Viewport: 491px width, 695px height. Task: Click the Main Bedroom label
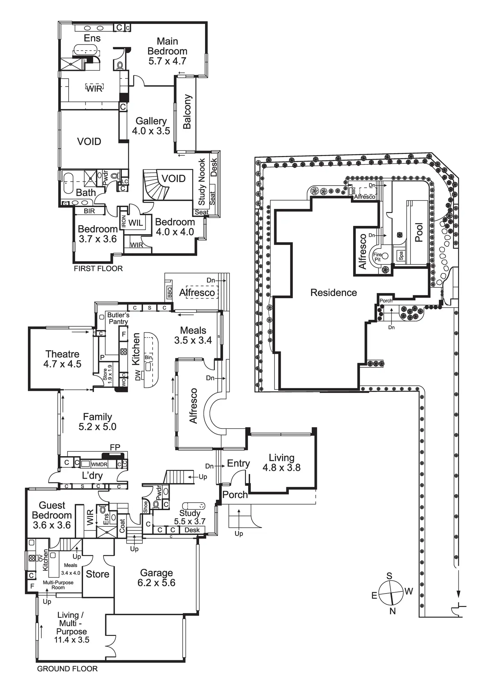point(167,51)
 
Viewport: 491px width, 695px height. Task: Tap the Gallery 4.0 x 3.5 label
point(151,126)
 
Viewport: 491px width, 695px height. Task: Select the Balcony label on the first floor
point(187,112)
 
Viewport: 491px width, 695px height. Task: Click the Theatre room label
point(63,359)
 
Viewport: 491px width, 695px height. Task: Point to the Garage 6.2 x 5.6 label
point(156,578)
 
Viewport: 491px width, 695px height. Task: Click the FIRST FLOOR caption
point(98,268)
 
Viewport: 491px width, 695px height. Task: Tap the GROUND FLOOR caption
point(67,669)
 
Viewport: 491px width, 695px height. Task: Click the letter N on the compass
point(393,611)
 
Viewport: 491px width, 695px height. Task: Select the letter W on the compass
point(409,591)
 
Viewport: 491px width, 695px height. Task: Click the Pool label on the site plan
point(419,232)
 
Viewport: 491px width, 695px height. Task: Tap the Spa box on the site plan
point(401,256)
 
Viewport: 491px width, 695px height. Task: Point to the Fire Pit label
point(377,257)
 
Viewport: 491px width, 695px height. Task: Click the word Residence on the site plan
point(334,293)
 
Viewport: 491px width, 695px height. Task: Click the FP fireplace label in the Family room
point(115,448)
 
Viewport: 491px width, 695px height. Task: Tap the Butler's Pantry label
point(118,318)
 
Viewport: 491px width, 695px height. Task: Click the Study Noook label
point(202,182)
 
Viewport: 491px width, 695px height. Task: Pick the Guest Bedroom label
point(52,515)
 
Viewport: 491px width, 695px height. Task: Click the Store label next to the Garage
point(98,574)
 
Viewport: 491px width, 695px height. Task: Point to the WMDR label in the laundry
point(99,464)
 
